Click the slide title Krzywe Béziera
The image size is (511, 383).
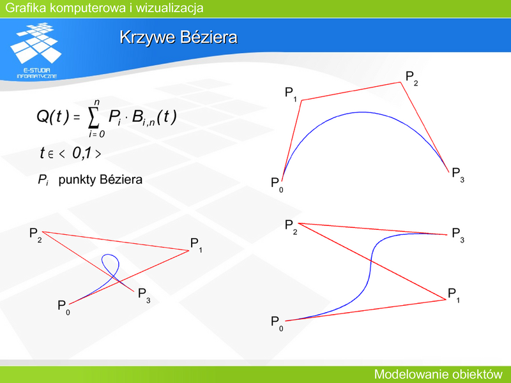point(178,37)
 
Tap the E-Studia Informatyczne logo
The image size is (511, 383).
point(36,50)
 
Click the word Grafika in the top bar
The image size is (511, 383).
point(26,8)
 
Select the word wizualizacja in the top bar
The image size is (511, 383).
point(169,8)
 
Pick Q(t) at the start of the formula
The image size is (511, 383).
point(53,116)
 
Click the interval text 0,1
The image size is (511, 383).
point(82,153)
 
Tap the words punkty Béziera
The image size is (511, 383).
point(100,179)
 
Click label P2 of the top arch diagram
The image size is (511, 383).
point(411,78)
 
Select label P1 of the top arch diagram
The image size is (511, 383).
point(291,94)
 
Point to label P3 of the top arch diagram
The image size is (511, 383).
point(458,174)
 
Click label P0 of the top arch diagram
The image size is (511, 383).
point(277,184)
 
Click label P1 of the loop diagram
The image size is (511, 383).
point(196,245)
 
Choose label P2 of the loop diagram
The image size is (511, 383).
point(36,235)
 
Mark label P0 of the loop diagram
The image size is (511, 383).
point(63,308)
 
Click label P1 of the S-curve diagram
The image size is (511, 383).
point(454,296)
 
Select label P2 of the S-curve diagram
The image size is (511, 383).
point(291,227)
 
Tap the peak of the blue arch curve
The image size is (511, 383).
point(362,112)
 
